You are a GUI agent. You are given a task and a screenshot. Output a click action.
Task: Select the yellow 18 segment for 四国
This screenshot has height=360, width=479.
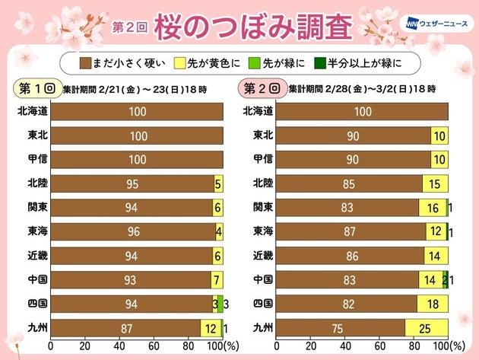pyautogui.click(x=432, y=304)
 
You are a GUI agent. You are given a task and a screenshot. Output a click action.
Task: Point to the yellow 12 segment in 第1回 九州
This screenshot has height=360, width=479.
pyautogui.click(x=210, y=328)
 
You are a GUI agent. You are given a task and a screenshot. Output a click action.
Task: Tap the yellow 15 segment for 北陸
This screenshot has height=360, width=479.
pyautogui.click(x=435, y=183)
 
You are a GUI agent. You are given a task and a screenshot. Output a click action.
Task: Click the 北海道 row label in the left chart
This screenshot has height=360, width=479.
pyautogui.click(x=30, y=112)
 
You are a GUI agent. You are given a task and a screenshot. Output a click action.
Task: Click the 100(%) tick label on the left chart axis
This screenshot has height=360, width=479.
pyautogui.click(x=221, y=346)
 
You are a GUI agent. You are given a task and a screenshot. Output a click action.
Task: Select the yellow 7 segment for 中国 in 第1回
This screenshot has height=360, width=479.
pyautogui.click(x=216, y=280)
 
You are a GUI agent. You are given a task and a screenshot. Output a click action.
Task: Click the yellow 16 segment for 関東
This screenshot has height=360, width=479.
pyautogui.click(x=432, y=208)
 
